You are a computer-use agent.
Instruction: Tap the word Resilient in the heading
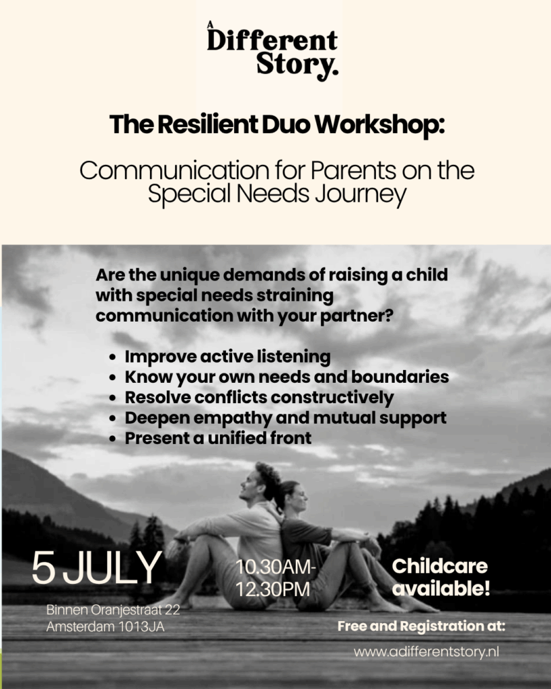(x=208, y=124)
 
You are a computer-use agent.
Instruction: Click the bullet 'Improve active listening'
(x=227, y=357)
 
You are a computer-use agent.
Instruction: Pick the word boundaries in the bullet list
(x=400, y=377)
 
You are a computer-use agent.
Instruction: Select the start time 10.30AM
(x=276, y=567)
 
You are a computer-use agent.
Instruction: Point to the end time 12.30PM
(x=273, y=589)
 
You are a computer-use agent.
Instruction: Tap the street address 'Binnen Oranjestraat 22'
(x=113, y=610)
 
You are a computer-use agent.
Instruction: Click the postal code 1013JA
(x=141, y=626)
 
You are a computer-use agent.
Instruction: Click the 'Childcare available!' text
(x=440, y=577)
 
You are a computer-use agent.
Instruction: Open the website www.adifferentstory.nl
(x=427, y=651)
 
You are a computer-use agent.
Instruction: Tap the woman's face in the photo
(x=299, y=497)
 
